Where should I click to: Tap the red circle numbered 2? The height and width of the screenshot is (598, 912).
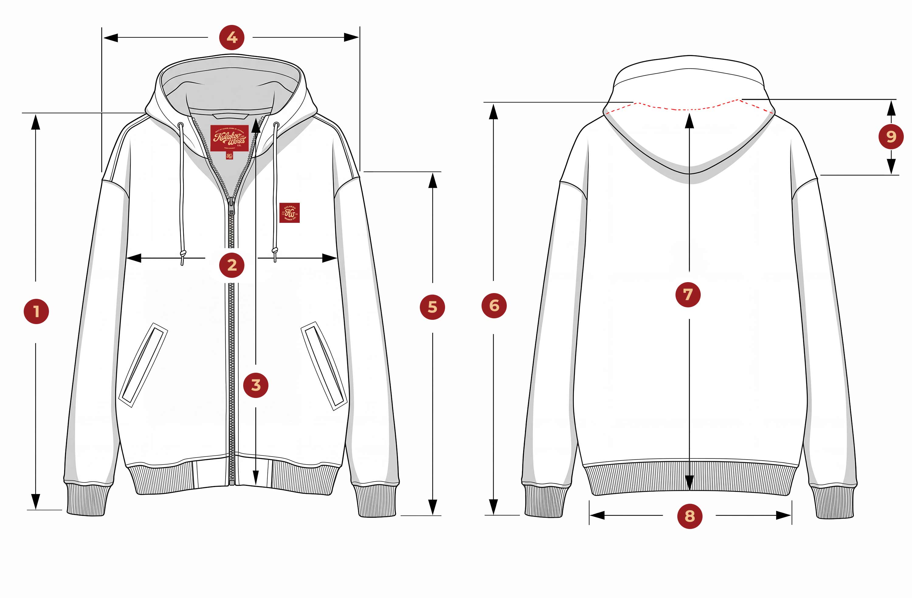[232, 265]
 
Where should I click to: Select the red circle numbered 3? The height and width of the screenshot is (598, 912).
[256, 385]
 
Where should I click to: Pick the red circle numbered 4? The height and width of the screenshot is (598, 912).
[232, 38]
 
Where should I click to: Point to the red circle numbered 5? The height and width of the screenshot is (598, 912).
[432, 307]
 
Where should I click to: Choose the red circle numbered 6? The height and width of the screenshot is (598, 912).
[494, 306]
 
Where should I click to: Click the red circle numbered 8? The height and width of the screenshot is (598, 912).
[690, 516]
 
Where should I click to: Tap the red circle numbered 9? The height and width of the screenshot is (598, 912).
[891, 136]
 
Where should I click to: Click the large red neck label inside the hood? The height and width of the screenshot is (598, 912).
[229, 138]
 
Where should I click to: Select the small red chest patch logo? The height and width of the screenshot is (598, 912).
[289, 213]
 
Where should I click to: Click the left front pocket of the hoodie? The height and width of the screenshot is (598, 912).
[143, 365]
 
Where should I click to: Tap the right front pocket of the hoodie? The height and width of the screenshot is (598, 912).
[324, 365]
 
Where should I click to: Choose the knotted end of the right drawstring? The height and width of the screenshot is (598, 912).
[275, 251]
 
